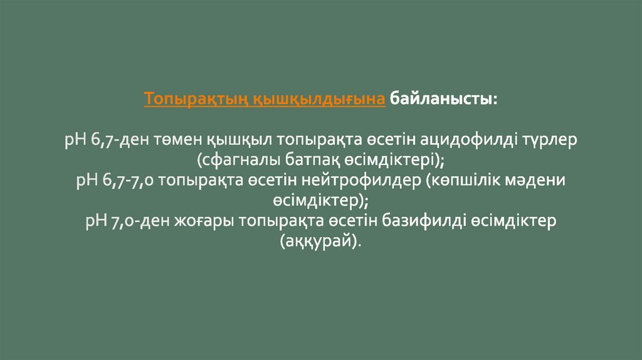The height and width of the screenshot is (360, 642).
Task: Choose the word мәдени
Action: pos(540,181)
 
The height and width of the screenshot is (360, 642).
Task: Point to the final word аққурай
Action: pos(320,242)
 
